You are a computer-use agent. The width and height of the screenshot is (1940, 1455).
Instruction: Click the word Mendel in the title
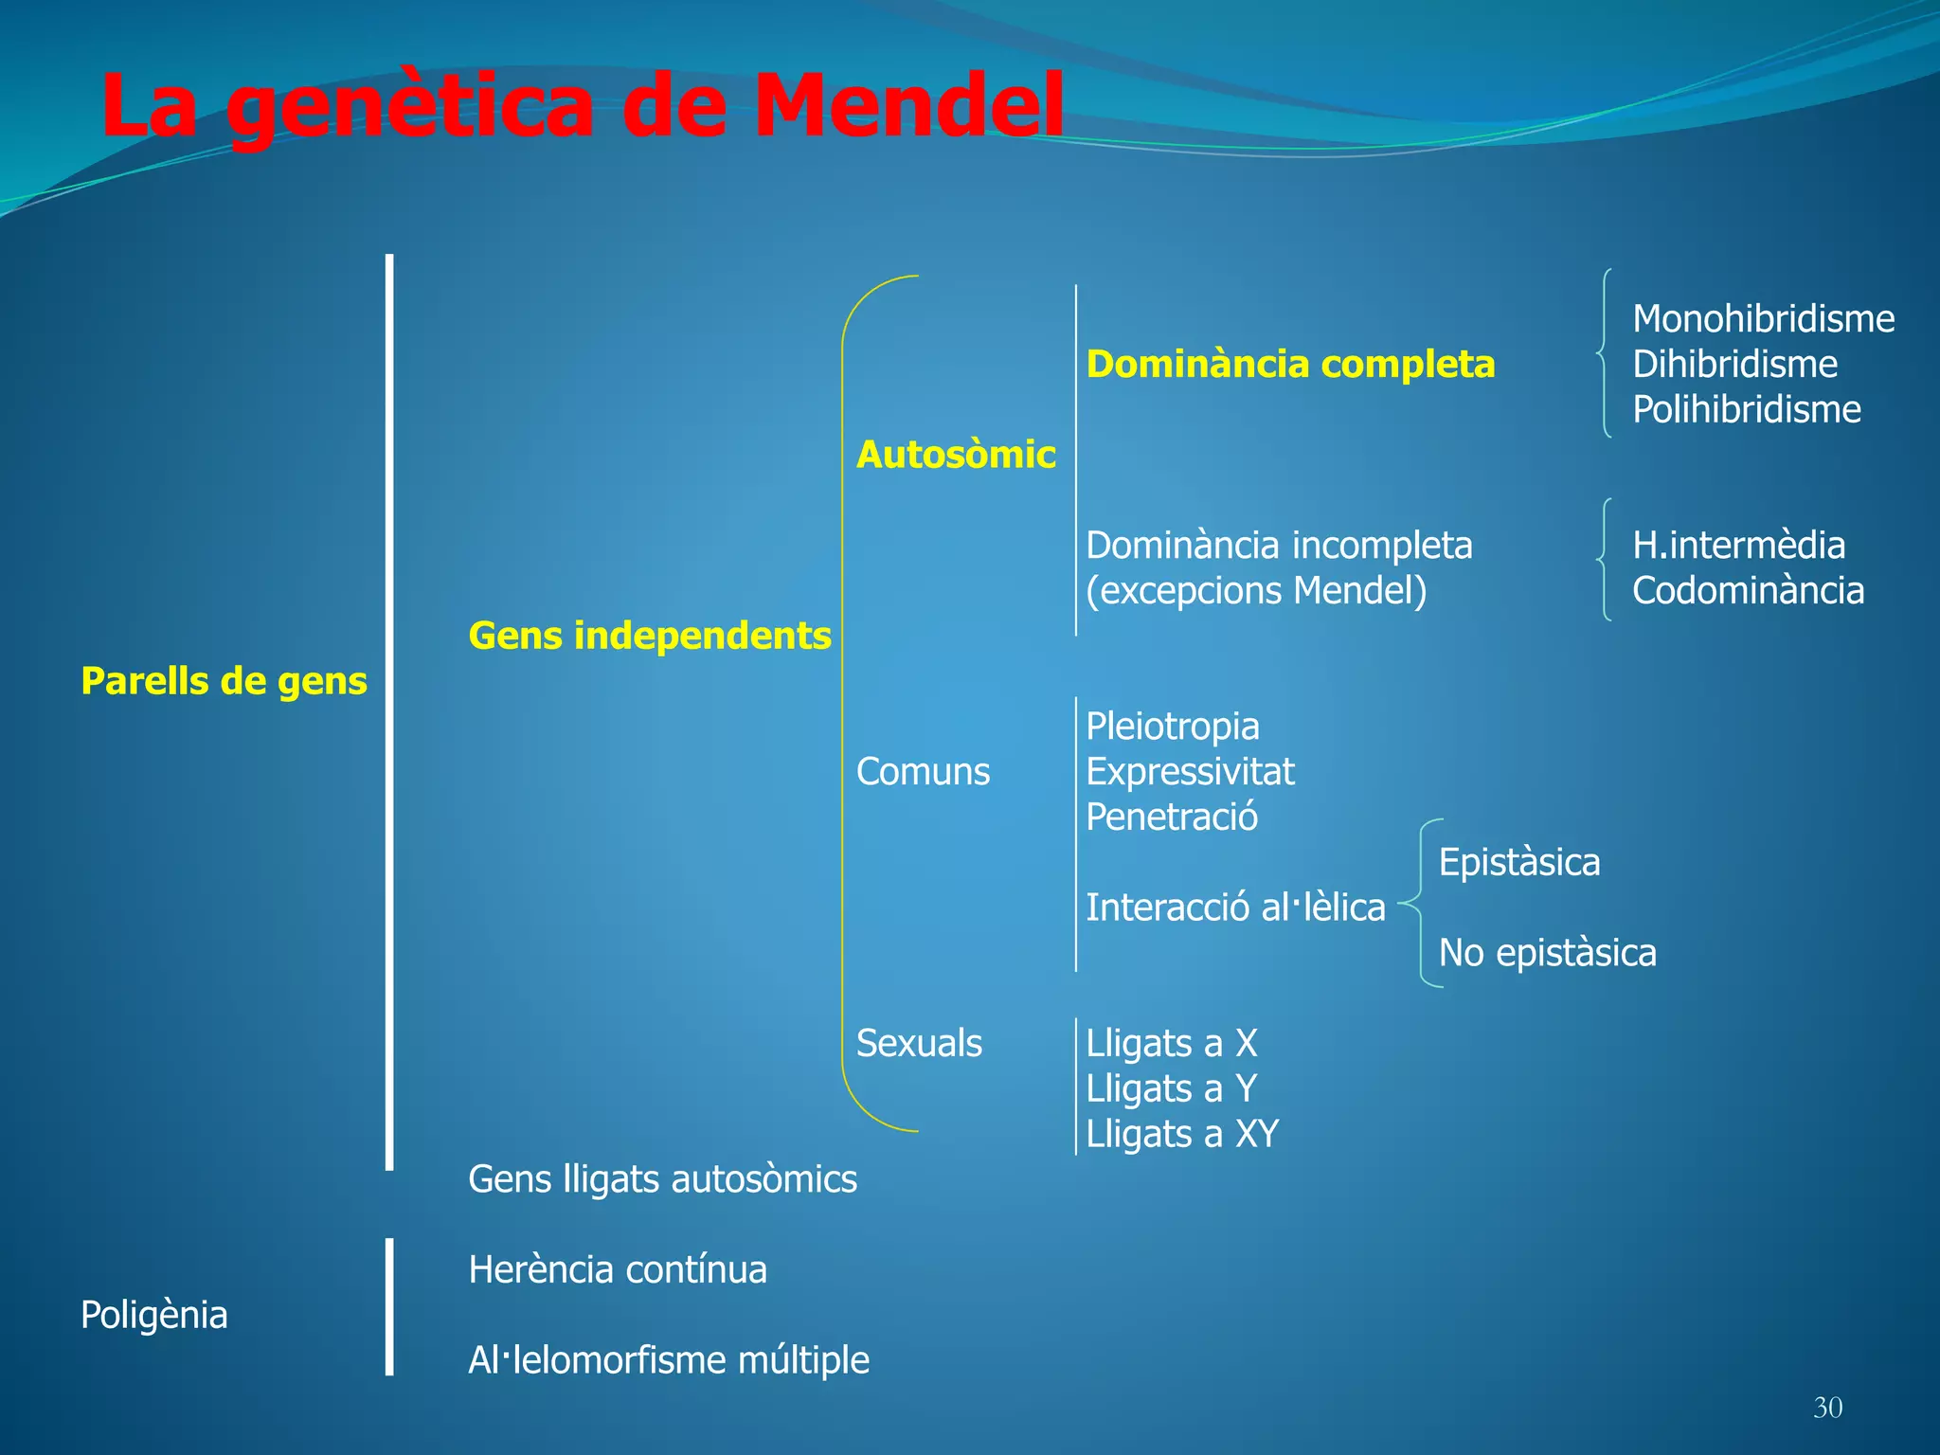(x=907, y=106)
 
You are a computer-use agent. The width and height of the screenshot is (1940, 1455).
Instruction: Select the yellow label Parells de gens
(x=224, y=681)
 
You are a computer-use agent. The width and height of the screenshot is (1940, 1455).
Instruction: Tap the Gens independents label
(x=650, y=636)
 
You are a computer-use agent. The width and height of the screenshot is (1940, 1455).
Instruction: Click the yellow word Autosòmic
(x=956, y=455)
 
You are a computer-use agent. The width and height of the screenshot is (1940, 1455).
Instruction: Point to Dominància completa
(x=1290, y=365)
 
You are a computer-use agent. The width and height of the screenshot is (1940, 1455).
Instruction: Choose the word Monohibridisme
(x=1763, y=319)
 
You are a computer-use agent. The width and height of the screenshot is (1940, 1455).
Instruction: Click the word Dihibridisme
(x=1734, y=365)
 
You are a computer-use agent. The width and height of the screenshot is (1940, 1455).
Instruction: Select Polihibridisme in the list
(x=1747, y=410)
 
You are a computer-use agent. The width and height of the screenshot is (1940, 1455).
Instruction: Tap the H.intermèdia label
(x=1738, y=546)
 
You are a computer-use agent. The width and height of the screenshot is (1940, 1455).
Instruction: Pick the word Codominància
(x=1748, y=591)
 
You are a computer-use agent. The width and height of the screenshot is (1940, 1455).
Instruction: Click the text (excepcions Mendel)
(x=1256, y=591)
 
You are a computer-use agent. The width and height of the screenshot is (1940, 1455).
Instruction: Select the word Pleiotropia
(x=1173, y=727)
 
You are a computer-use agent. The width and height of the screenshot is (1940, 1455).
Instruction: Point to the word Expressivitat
(x=1190, y=772)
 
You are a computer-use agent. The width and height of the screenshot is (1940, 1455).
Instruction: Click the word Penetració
(x=1172, y=817)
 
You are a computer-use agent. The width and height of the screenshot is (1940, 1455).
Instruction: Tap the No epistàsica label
(x=1547, y=953)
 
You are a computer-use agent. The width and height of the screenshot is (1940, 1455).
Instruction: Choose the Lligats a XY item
(x=1182, y=1134)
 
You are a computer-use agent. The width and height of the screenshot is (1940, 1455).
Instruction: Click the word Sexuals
(x=919, y=1044)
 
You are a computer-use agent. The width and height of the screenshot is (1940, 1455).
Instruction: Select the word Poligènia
(x=154, y=1315)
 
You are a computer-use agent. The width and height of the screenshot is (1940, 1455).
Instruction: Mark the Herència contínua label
(x=618, y=1270)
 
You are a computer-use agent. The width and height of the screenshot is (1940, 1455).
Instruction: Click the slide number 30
(x=1827, y=1408)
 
